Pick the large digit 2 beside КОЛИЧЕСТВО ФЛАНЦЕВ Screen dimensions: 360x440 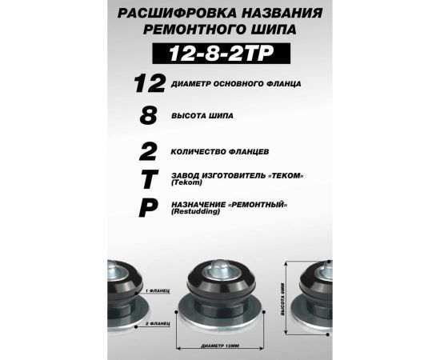pyautogui.click(x=147, y=150)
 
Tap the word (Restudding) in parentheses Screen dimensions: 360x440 pyautogui.click(x=192, y=214)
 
